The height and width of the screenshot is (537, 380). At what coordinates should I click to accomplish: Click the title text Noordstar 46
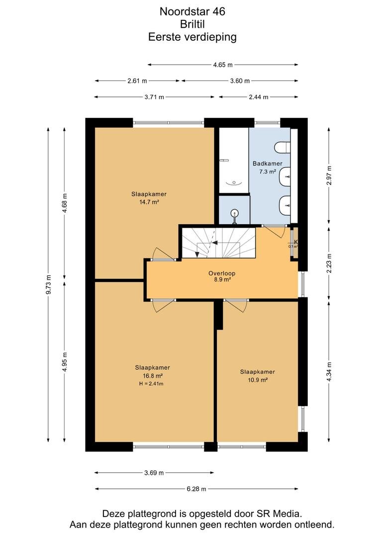[192, 11]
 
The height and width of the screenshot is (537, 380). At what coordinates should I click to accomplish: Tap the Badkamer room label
[267, 164]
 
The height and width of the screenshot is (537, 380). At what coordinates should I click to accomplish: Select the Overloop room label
[222, 273]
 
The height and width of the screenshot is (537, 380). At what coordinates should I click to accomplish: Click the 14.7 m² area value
[149, 202]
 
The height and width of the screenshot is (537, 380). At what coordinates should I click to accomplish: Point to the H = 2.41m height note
[151, 383]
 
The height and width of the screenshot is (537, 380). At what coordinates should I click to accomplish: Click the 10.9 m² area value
[257, 380]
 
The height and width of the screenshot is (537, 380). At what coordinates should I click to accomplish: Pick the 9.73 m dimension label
[48, 284]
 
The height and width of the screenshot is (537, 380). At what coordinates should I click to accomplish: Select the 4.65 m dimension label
[223, 65]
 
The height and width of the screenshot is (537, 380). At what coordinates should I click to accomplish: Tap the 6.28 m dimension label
[196, 489]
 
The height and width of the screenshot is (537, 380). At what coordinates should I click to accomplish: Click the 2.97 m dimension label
[329, 176]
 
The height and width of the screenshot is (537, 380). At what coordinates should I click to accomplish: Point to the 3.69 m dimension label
[154, 473]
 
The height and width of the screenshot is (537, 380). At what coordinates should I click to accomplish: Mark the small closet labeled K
[293, 242]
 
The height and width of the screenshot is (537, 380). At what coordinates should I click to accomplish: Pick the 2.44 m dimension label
[258, 97]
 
